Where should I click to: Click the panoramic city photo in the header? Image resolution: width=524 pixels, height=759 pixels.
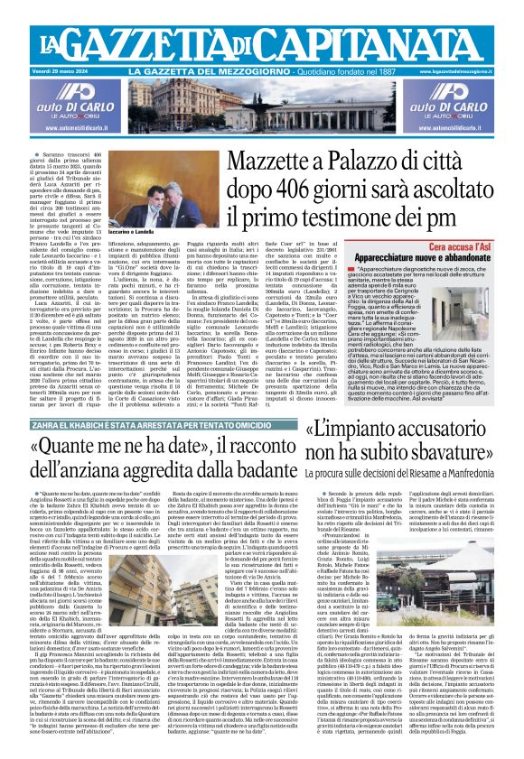(x=261, y=106)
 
